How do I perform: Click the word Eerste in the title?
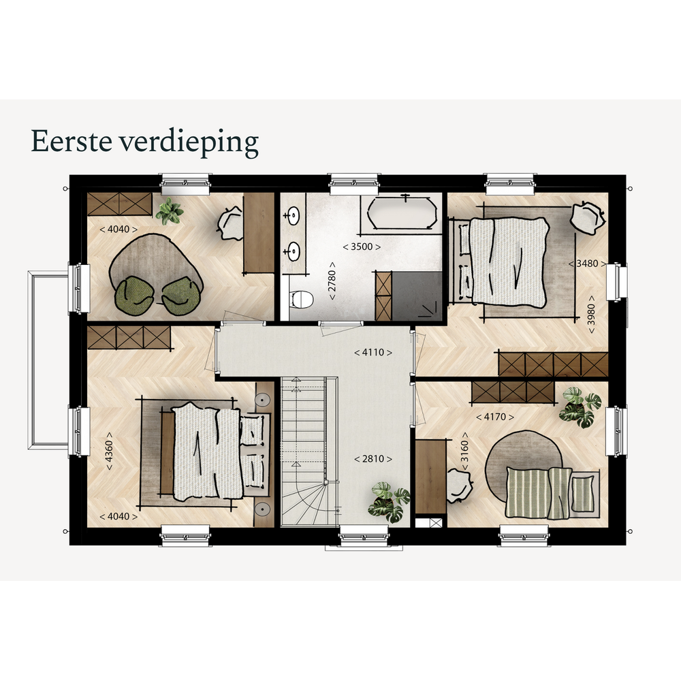(x=72, y=141)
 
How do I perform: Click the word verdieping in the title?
(x=189, y=143)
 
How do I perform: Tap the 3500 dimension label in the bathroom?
(x=362, y=247)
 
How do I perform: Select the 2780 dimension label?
(x=332, y=281)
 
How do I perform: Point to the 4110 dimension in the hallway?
(x=373, y=352)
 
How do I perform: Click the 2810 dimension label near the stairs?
(x=373, y=458)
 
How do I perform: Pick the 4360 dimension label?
(x=109, y=452)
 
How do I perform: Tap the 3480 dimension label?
(x=588, y=264)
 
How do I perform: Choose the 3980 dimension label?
(x=591, y=315)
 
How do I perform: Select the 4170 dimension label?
(x=495, y=417)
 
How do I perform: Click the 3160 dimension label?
(x=464, y=452)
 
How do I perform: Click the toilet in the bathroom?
(x=301, y=299)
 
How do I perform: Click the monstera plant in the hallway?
(x=389, y=503)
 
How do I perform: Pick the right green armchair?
(x=182, y=297)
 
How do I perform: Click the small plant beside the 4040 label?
(x=170, y=212)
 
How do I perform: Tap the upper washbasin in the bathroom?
(x=293, y=215)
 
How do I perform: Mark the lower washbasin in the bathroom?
(x=293, y=251)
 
